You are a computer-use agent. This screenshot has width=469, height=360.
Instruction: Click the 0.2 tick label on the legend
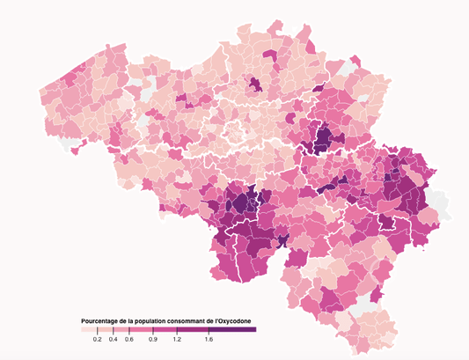(x=97, y=339)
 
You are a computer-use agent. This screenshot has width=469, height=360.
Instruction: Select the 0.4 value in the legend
(x=114, y=339)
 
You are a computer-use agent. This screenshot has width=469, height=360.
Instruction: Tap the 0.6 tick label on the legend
(x=129, y=339)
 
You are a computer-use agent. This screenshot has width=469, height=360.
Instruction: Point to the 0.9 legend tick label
(x=153, y=339)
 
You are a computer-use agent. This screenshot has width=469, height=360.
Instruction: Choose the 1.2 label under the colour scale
(x=177, y=339)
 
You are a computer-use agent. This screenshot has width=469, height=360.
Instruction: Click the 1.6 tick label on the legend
(x=209, y=339)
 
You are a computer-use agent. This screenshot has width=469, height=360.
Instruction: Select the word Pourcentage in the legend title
(x=101, y=320)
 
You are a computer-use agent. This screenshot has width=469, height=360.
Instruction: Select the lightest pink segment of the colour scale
(x=88, y=329)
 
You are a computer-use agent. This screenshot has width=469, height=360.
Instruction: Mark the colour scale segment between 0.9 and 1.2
(x=165, y=329)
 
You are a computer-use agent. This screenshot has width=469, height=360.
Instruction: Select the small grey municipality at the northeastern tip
(x=351, y=66)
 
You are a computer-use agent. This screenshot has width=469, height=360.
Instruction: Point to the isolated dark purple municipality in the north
(x=254, y=84)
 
